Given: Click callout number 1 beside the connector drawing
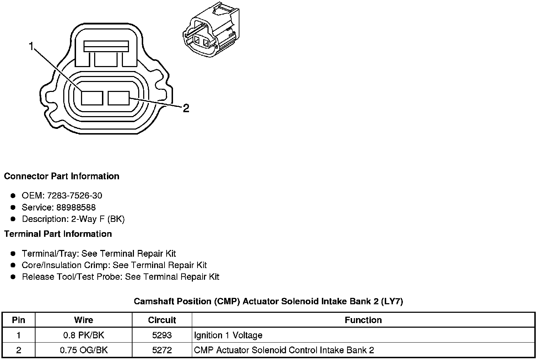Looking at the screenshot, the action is pyautogui.click(x=32, y=46).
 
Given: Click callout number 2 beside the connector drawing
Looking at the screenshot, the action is pyautogui.click(x=185, y=108).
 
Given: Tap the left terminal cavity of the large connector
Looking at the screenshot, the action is pyautogui.click(x=92, y=98).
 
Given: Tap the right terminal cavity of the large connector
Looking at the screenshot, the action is pyautogui.click(x=119, y=98).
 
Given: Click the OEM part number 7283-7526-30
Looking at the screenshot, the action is pyautogui.click(x=74, y=196).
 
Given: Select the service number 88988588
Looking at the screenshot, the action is pyautogui.click(x=76, y=207).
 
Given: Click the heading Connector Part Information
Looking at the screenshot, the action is pyautogui.click(x=61, y=176).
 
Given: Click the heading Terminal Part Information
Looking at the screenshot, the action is pyautogui.click(x=58, y=234).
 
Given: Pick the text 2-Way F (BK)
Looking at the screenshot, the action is pyautogui.click(x=98, y=219).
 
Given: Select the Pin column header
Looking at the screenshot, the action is pyautogui.click(x=18, y=320).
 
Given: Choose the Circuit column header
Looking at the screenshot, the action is pyautogui.click(x=162, y=320).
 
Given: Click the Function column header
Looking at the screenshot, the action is pyautogui.click(x=363, y=320).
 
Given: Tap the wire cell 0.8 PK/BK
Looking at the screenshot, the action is pyautogui.click(x=83, y=335).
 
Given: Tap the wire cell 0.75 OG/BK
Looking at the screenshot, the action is pyautogui.click(x=83, y=350).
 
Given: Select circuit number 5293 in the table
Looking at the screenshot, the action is pyautogui.click(x=162, y=335).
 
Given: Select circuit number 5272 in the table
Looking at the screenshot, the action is pyautogui.click(x=162, y=350).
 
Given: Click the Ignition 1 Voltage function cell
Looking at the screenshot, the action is pyautogui.click(x=228, y=335).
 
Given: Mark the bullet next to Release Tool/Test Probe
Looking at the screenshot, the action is pyautogui.click(x=13, y=277).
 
